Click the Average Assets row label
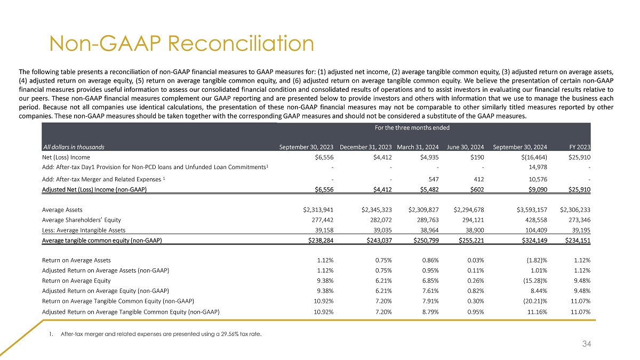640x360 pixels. tap(62, 210)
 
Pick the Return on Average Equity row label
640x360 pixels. tap(76, 281)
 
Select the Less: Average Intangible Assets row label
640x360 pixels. tap(84, 230)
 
